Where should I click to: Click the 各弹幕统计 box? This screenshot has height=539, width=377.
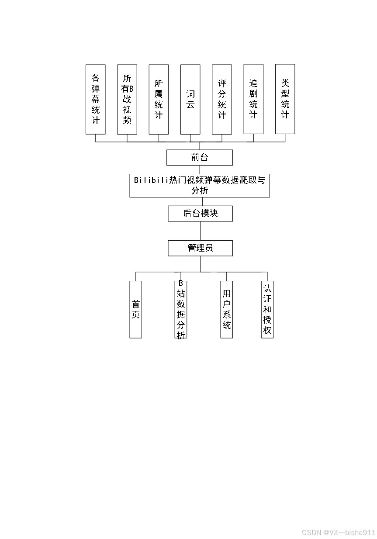[96, 99]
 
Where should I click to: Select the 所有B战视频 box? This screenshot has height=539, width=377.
[127, 99]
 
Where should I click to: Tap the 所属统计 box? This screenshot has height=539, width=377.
[159, 99]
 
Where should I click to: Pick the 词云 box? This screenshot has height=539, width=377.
[190, 99]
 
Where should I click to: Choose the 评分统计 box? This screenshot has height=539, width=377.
[222, 99]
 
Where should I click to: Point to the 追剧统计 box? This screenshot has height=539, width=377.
[253, 99]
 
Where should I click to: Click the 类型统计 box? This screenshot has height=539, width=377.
[285, 99]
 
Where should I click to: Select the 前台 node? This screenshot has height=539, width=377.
[200, 158]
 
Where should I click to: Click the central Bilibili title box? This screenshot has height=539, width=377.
[200, 186]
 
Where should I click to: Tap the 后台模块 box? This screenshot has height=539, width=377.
[201, 214]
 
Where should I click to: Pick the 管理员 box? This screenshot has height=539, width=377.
[201, 248]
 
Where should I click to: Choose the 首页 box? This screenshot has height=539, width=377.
[136, 309]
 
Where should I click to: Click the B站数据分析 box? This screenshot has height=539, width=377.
[181, 309]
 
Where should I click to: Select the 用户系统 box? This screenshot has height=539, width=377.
[227, 309]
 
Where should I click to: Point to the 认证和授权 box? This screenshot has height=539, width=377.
[267, 309]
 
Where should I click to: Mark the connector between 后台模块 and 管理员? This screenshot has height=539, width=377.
[201, 231]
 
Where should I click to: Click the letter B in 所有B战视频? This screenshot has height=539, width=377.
[131, 89]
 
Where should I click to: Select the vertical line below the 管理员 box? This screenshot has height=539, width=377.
[201, 264]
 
